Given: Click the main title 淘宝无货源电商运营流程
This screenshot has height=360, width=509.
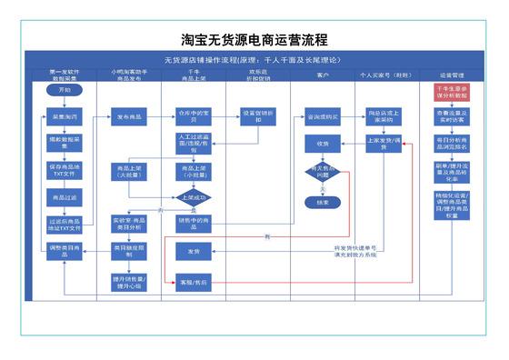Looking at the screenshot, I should pos(254,40).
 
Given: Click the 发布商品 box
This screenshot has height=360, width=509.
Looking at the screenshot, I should pos(129,117).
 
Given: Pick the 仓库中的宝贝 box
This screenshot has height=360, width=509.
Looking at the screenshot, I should pos(194,117).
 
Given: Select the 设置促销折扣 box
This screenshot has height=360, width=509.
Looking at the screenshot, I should pos(258,117).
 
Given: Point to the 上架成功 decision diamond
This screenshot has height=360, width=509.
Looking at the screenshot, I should pos(194,196).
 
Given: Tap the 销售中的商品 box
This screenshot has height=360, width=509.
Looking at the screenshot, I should pos(194,222).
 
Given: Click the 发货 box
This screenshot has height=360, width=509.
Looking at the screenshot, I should pos(194,251).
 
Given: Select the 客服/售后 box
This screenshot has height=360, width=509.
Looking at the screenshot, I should pos(194,284).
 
